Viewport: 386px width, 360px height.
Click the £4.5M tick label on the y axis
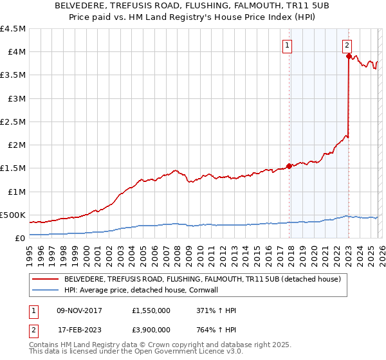tap(14, 29)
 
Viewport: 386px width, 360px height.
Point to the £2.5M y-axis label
tap(14, 122)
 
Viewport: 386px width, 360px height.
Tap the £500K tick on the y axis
tap(14, 215)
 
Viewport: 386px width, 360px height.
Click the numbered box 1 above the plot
tap(286, 45)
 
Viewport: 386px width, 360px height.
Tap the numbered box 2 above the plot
tap(347, 45)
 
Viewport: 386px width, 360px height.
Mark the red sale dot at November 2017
tap(289, 166)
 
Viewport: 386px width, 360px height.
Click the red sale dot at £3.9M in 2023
tap(349, 57)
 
